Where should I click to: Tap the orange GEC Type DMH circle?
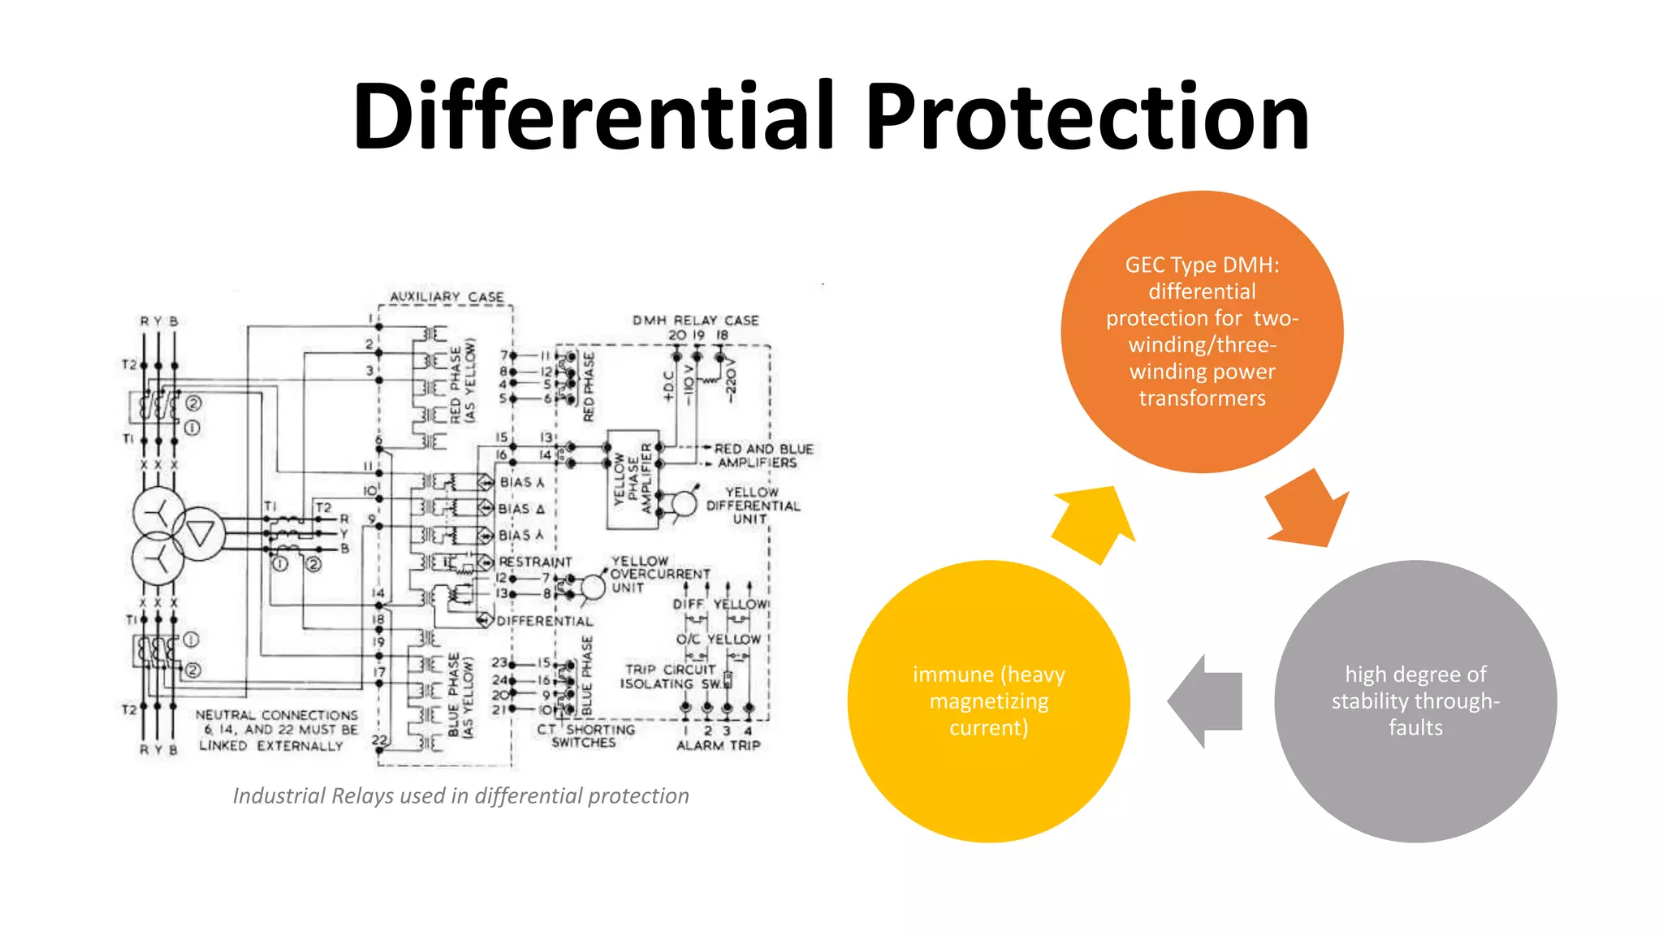pos(1202,331)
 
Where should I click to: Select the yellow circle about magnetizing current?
pos(988,700)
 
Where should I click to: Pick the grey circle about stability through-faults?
pos(1415,700)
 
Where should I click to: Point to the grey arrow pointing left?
pos(1206,701)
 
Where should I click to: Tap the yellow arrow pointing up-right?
pos(1092,524)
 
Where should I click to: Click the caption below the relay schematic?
pos(460,795)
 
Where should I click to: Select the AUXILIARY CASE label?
pos(447,297)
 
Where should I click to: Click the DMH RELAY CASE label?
pos(695,321)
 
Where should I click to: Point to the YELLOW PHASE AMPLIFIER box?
pos(633,480)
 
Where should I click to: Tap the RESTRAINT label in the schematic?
pos(535,562)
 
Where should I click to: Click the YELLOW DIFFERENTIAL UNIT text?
pos(752,505)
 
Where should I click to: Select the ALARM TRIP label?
pos(719,745)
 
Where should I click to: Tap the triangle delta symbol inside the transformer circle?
pos(200,533)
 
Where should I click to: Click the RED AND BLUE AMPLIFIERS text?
pos(762,455)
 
